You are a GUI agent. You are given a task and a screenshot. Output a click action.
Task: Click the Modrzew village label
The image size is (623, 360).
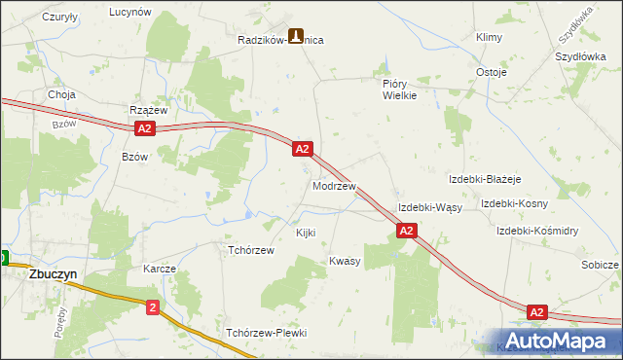click(x=334, y=185)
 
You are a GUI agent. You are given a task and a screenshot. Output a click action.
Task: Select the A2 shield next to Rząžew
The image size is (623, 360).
click(x=144, y=128)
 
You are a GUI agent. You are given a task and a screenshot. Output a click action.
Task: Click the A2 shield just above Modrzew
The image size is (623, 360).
click(x=303, y=149)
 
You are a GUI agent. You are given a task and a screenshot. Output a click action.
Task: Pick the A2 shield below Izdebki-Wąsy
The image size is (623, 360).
click(x=407, y=231)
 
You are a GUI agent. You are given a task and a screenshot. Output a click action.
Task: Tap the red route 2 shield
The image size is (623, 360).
click(x=153, y=307)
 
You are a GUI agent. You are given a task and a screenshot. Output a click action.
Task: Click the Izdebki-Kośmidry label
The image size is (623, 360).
click(x=537, y=231)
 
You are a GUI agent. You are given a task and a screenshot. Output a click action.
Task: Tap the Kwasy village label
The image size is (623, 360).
click(x=345, y=261)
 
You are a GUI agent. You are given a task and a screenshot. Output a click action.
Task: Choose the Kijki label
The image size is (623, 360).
click(x=306, y=233)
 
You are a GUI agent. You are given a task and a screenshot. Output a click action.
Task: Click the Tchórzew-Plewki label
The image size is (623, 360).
click(x=266, y=333)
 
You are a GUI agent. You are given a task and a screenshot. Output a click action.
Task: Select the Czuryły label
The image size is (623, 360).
click(x=60, y=18)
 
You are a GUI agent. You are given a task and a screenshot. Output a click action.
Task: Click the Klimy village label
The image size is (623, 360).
click(x=488, y=37)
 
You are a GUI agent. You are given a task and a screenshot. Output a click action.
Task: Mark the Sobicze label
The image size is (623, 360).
click(x=600, y=265)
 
